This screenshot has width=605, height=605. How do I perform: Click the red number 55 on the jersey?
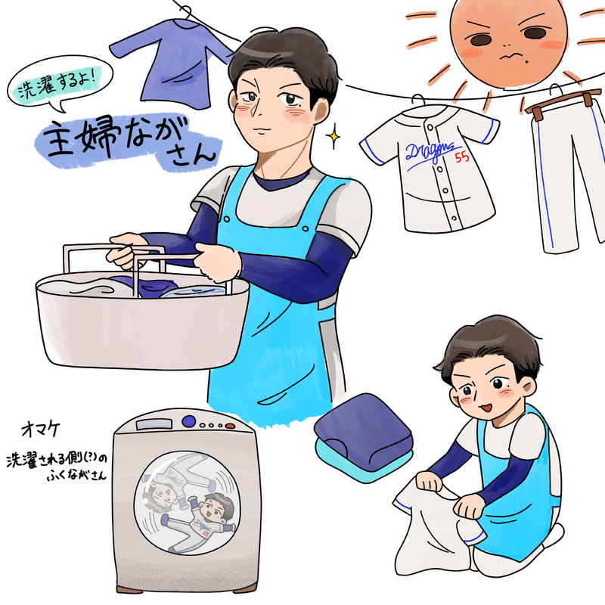coord(462,157)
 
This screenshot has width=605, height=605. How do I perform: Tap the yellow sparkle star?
coord(334,136)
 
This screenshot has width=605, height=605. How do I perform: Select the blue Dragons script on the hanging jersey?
coord(430,154)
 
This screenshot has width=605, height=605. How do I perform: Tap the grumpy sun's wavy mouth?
coord(509,57)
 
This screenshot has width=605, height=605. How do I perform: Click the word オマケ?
coord(41,429)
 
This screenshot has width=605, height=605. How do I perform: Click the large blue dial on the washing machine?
coord(188,421)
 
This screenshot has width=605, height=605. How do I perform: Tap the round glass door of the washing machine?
coord(186,503)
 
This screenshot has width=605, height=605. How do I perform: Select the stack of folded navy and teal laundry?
coord(364,437)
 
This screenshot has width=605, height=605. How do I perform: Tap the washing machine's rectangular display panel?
coord(154,424)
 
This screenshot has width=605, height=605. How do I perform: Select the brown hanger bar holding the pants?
coord(563,101)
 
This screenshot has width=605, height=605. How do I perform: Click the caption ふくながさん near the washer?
coord(76,476)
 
